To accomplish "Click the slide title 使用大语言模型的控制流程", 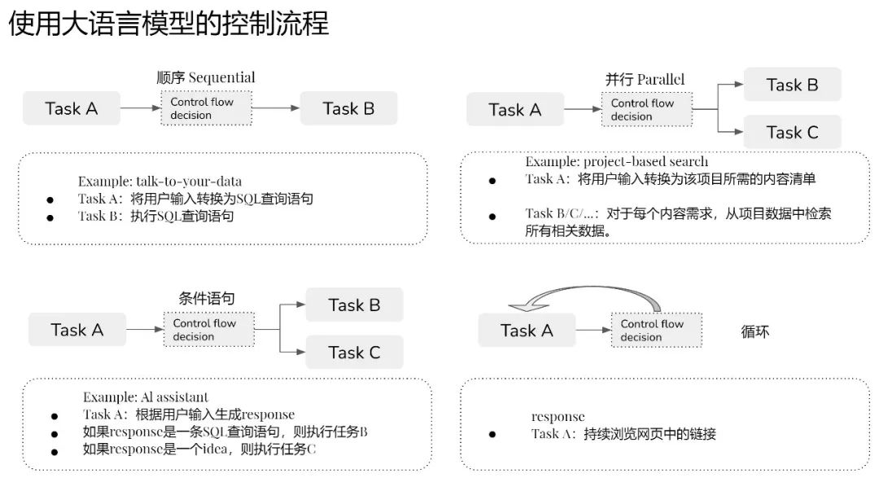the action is [168, 24].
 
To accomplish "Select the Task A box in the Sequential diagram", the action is [71, 108].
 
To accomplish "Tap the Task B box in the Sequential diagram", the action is [348, 108].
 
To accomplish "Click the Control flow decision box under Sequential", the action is [206, 108].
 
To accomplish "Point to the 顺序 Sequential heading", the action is [206, 77].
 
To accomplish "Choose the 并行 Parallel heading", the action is [645, 80].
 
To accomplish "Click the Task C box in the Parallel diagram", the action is [792, 133].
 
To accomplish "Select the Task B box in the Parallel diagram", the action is [792, 85].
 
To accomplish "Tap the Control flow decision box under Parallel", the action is [647, 109].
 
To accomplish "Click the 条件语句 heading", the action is [207, 299].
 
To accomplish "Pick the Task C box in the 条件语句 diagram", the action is [354, 353].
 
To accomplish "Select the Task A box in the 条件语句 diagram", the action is [77, 330].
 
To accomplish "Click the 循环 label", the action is [755, 331].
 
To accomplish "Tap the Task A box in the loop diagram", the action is [527, 331].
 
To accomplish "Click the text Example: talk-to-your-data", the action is [160, 182].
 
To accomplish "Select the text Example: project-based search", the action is [617, 161].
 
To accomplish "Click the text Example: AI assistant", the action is [146, 397].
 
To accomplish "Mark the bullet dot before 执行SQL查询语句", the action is [50, 217].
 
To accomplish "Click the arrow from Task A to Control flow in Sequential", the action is [141, 107].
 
